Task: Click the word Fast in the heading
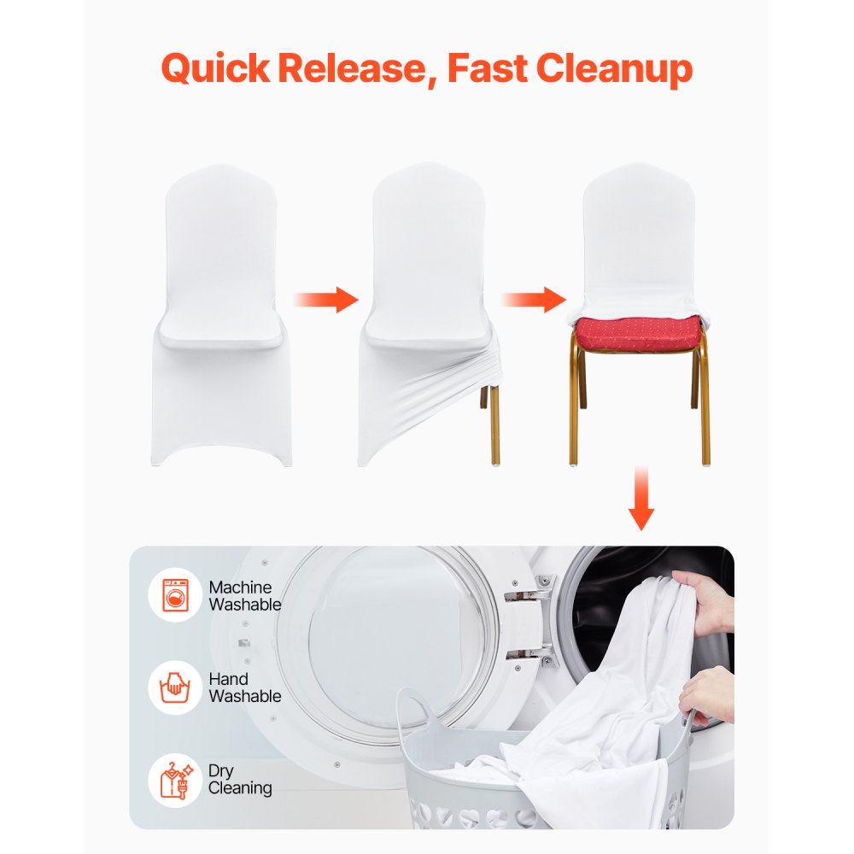pos(485,68)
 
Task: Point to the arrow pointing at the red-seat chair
pos(533,299)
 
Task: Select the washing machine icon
pos(175,595)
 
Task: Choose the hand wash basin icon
pos(175,687)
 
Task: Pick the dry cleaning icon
pos(175,779)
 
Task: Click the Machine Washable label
pos(244,596)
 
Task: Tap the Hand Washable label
pos(244,687)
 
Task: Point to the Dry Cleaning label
pos(240,779)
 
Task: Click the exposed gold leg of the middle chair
pos(494,418)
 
